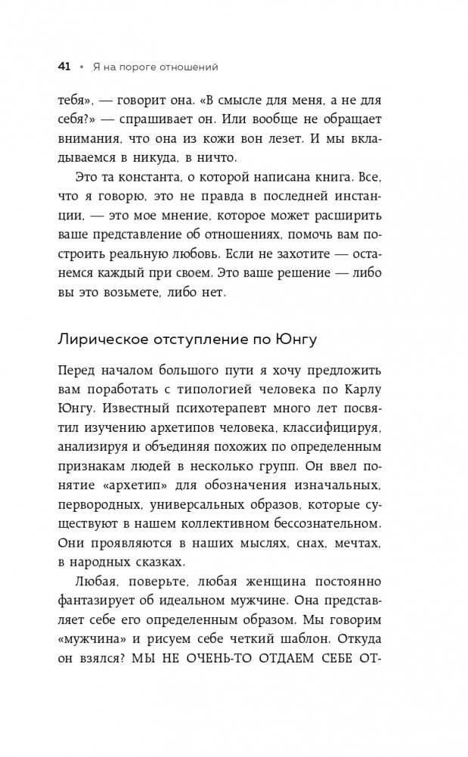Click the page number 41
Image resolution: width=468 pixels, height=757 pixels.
click(64, 67)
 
